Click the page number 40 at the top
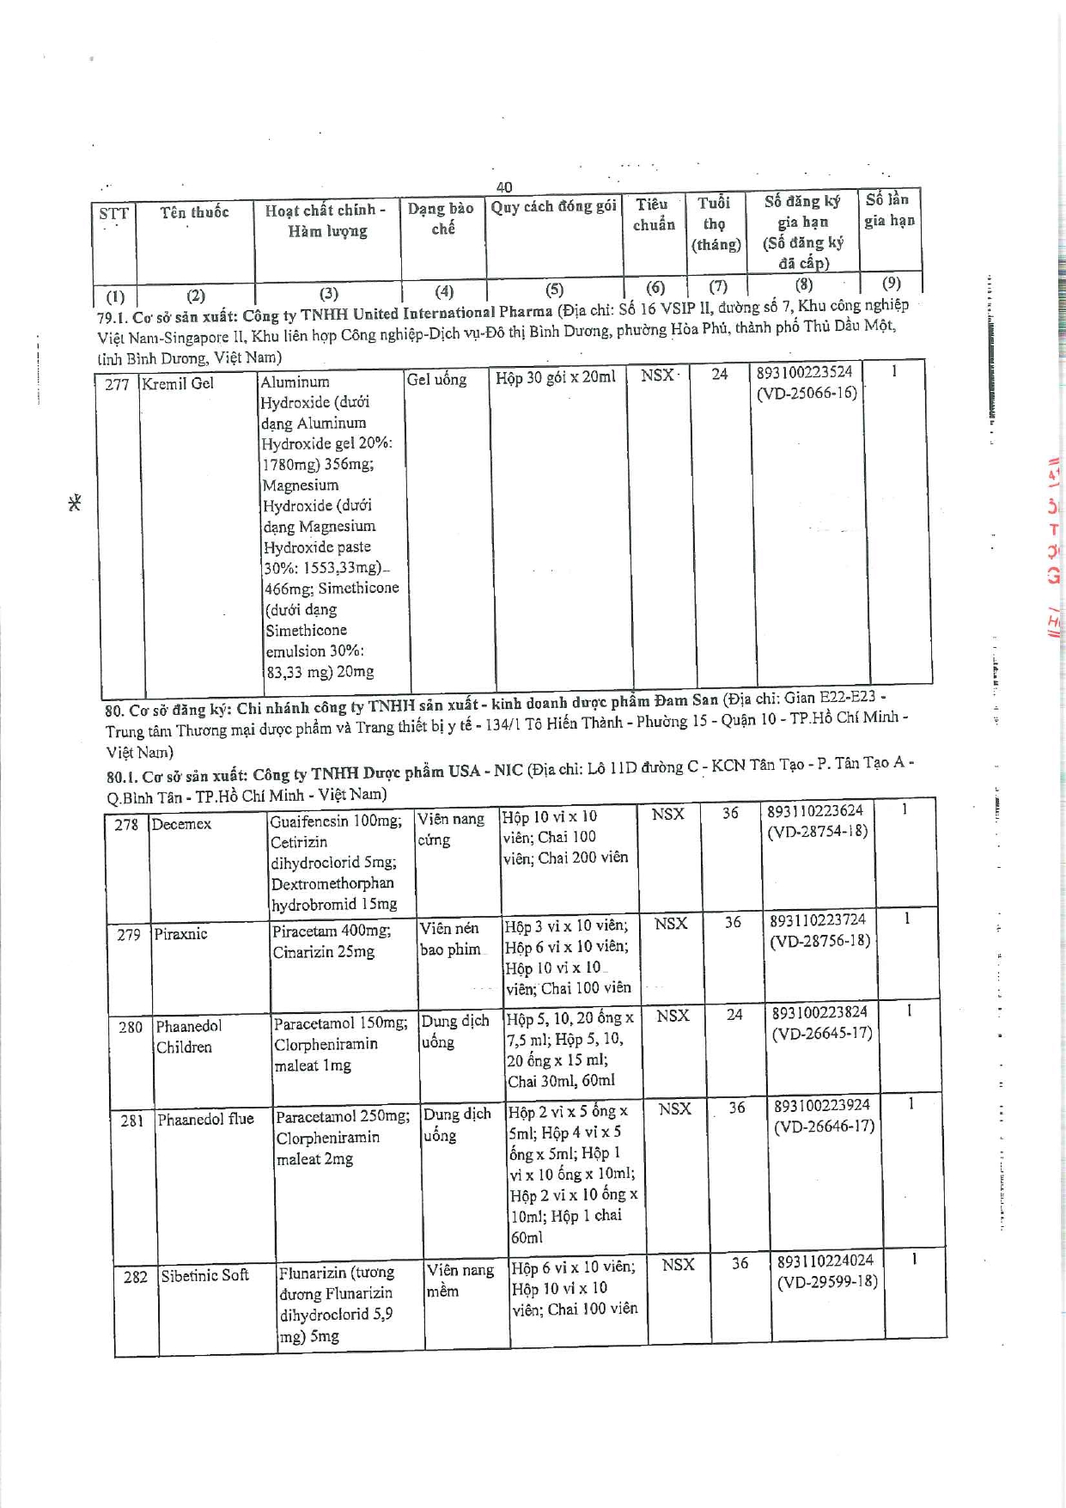504,186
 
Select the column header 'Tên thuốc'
194,212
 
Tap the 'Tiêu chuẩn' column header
654,215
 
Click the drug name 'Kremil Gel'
178,383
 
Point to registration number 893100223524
804,372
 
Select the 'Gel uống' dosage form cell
436,379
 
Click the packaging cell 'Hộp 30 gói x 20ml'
555,377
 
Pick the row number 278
126,825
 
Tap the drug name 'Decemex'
181,824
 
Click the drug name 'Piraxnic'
180,933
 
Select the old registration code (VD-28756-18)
819,941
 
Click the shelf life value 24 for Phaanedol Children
734,1015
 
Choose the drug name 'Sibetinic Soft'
204,1275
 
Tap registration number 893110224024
825,1261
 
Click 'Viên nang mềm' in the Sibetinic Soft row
460,1280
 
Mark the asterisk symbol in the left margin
75,503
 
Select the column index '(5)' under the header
554,290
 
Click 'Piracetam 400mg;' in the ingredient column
332,931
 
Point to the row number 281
131,1120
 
